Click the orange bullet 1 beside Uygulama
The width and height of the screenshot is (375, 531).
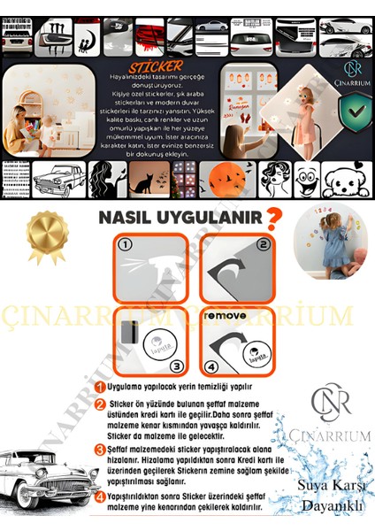(102, 387)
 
